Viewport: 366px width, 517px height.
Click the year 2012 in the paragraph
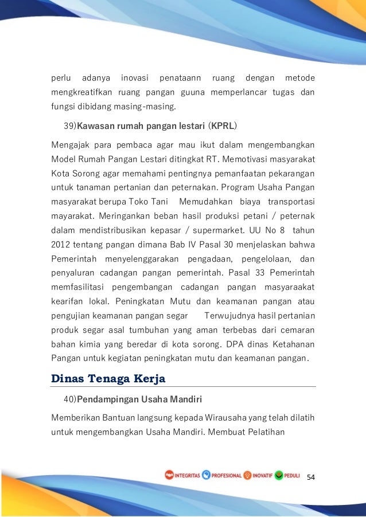(x=62, y=245)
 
